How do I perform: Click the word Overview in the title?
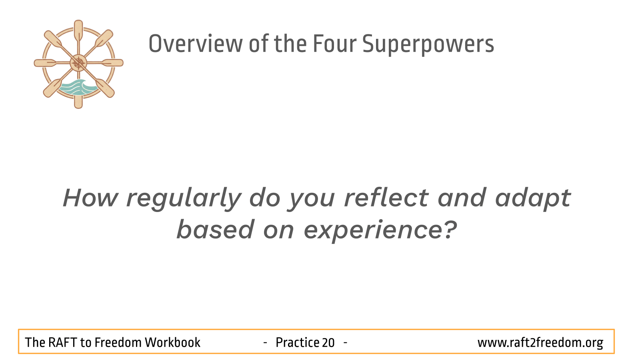[x=196, y=44]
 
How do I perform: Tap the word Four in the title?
[x=334, y=44]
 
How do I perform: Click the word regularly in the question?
[x=184, y=199]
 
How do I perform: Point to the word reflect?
[x=386, y=198]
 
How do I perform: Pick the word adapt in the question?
[x=533, y=199]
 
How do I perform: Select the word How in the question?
[x=90, y=198]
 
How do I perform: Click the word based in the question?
[x=215, y=229]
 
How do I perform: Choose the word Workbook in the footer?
[x=172, y=342]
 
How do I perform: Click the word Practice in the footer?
[x=297, y=342]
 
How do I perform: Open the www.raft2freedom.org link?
[x=540, y=343]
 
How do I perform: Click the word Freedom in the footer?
[x=118, y=342]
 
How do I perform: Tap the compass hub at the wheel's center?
[x=78, y=63]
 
